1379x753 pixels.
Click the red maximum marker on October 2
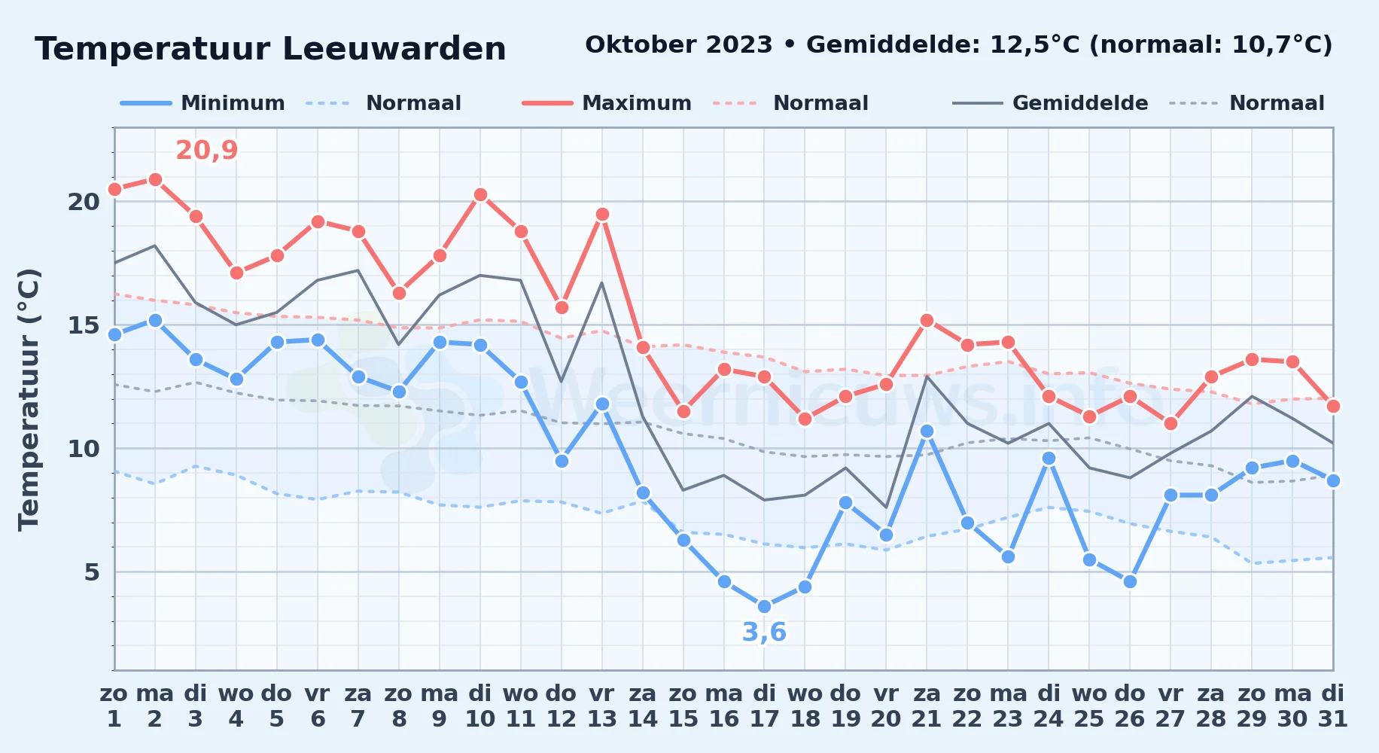coord(155,179)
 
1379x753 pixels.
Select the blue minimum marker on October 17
coord(764,606)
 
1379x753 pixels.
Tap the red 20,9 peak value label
coord(207,151)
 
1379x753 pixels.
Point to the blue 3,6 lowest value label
coord(764,632)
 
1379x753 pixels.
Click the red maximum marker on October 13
coord(602,214)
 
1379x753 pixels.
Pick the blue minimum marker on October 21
coord(927,431)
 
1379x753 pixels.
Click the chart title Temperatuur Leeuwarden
coord(270,49)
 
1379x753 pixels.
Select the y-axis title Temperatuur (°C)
coord(29,399)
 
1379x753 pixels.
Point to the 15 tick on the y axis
coord(84,325)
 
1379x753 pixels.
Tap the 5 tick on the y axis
coord(92,572)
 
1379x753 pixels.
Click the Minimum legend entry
coord(202,103)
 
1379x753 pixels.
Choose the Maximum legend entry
coord(607,103)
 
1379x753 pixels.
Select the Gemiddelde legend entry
coord(1050,103)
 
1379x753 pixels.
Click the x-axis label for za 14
coord(643,706)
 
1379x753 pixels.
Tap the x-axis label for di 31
coord(1333,706)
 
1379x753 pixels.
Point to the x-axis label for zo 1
coord(114,706)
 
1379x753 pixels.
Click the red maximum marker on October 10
coord(480,194)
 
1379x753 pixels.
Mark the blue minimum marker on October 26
coord(1130,581)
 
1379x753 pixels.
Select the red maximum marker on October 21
coord(927,320)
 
